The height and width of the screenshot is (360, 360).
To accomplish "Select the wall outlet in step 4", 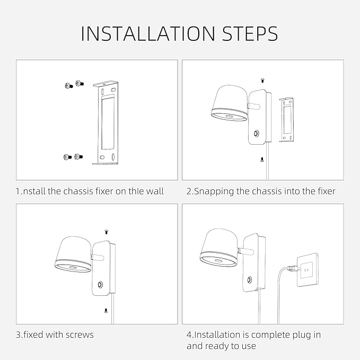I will tap(307, 268).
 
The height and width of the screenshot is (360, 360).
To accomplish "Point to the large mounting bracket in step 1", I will tap(108, 122).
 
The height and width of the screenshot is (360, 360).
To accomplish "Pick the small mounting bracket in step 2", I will tap(287, 120).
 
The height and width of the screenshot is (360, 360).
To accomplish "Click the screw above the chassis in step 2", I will tap(262, 80).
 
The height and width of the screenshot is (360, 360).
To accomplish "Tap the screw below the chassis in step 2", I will tap(262, 159).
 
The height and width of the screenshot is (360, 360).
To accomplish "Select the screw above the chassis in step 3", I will tap(107, 231).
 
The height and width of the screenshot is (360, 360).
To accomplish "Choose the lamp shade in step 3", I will tap(74, 256).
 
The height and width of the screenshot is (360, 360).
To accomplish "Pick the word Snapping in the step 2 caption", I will tap(213, 191).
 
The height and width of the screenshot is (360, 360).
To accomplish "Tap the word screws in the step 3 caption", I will tap(80, 335).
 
